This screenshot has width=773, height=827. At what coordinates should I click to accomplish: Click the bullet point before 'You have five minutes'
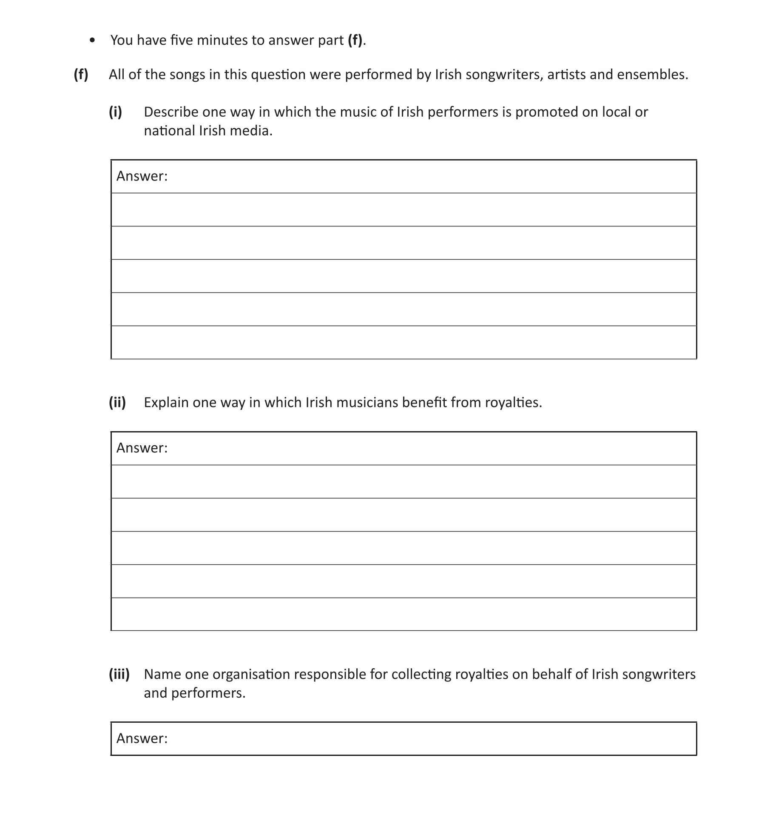tap(92, 40)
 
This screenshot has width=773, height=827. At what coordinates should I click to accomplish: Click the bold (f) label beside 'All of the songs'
tap(81, 74)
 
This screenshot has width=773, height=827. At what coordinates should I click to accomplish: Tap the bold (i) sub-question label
tap(115, 112)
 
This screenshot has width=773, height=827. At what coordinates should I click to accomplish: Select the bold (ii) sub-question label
tap(117, 402)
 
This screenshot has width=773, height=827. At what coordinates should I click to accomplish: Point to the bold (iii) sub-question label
tap(119, 674)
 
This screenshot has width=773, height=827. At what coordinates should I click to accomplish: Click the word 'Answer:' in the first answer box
tap(142, 176)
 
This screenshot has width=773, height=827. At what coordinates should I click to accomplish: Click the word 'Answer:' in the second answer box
tap(142, 448)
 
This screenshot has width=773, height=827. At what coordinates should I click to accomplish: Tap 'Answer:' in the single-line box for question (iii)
tap(142, 738)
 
